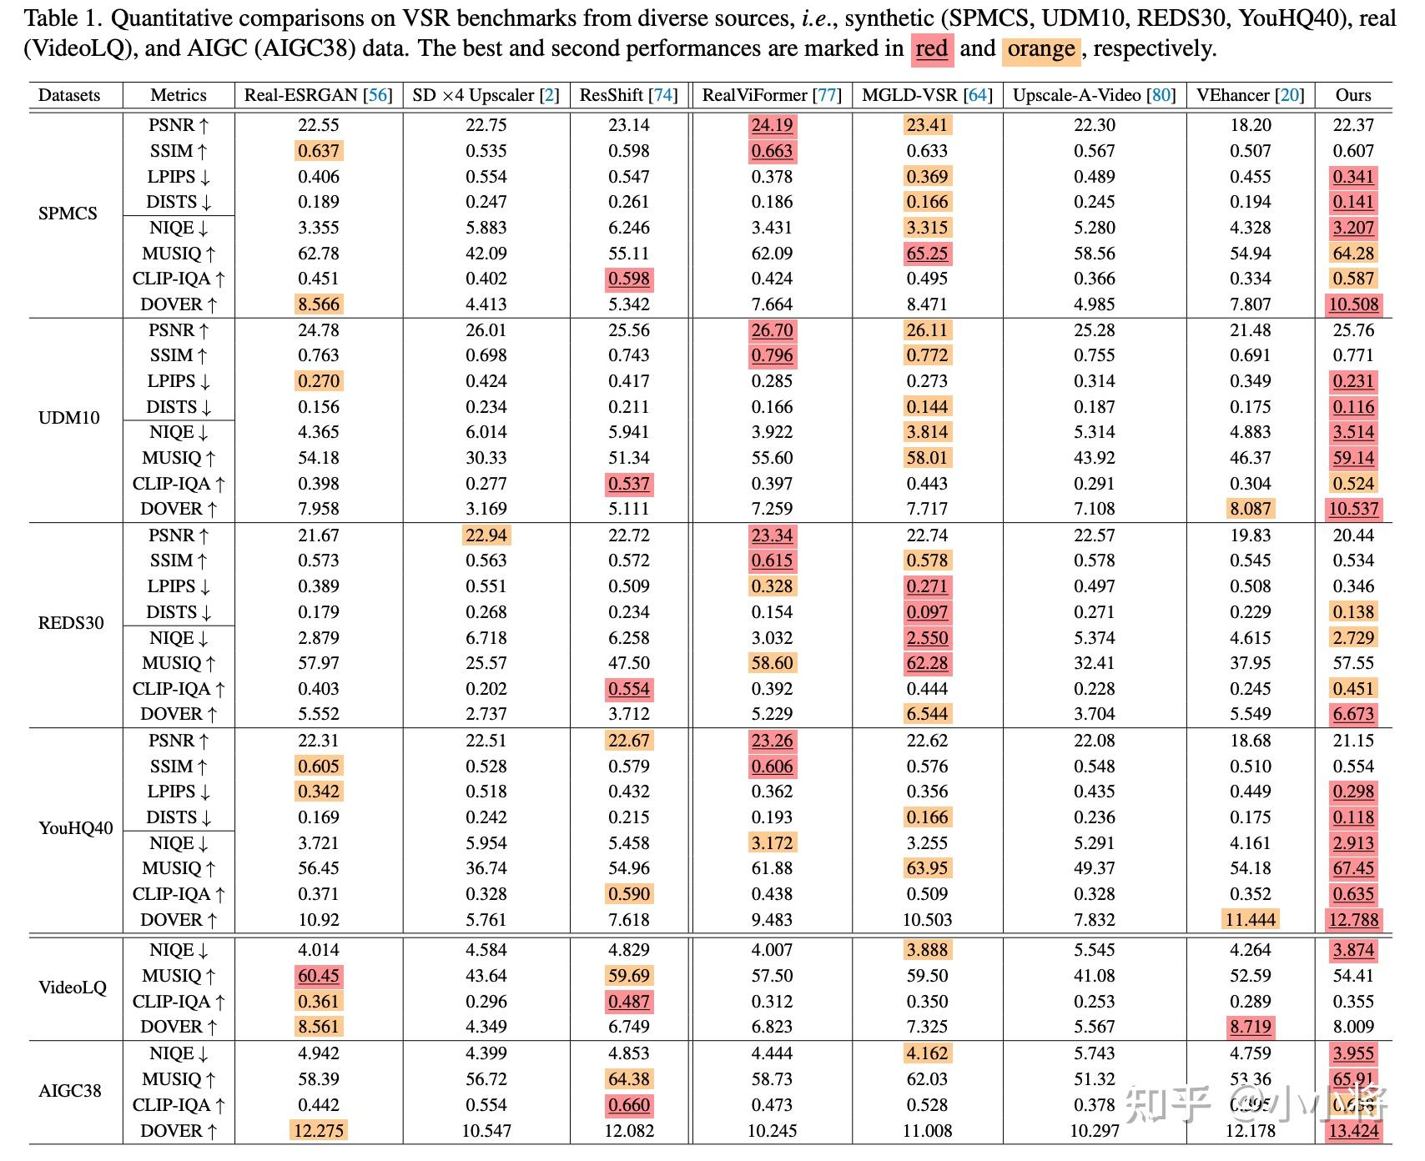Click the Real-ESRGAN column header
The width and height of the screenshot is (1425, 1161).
coord(318,95)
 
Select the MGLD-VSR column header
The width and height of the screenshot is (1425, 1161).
coord(927,95)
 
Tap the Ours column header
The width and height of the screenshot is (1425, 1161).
coord(1352,95)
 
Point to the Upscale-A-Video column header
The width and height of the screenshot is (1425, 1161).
coord(1094,95)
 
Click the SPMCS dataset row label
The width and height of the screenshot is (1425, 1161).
coord(68,214)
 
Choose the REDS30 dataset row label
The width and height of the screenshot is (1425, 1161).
coord(71,623)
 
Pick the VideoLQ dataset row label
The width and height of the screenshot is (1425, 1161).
coord(73,988)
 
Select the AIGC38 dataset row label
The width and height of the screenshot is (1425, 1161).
coord(70,1091)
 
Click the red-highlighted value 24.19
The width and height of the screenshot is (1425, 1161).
coord(772,126)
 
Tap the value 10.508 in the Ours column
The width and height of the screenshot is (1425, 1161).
coord(1353,304)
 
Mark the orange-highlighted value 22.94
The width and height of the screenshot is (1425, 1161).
coord(486,535)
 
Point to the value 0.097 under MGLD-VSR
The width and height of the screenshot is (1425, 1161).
coord(927,612)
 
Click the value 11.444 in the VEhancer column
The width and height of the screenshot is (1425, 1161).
coord(1250,920)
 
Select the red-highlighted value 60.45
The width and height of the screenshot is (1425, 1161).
coord(319,976)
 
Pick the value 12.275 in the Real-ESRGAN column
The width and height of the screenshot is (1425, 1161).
coord(319,1131)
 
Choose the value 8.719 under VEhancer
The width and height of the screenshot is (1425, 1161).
coord(1250,1027)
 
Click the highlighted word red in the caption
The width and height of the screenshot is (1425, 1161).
coord(931,49)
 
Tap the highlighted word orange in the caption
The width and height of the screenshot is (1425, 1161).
coord(1040,49)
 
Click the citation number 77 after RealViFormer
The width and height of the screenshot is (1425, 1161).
coord(827,95)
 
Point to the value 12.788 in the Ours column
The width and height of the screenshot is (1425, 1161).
coord(1353,920)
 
